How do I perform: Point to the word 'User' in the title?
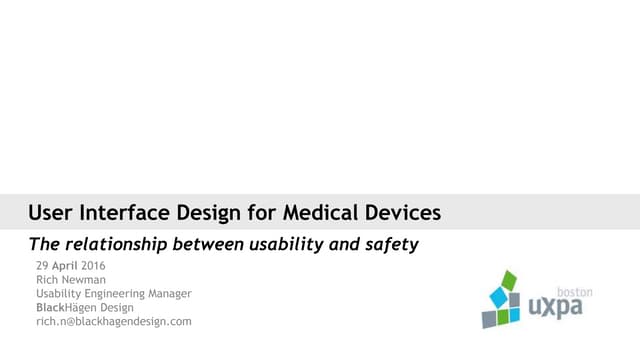tap(49, 212)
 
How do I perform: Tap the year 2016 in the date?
tap(91, 265)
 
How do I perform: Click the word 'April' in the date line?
tap(63, 265)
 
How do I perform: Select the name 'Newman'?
tap(81, 279)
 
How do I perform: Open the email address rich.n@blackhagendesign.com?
tap(113, 322)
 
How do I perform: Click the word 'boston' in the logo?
tap(574, 293)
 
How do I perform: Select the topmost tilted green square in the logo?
tap(509, 279)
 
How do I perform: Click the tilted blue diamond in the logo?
tap(499, 297)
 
